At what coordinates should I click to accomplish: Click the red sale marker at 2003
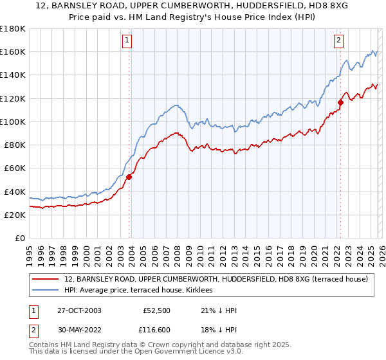point(129,177)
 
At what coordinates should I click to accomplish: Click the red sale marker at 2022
point(341,102)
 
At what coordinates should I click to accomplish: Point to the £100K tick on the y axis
point(13,122)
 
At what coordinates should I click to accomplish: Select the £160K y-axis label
point(13,51)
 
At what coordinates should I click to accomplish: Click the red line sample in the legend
point(46,279)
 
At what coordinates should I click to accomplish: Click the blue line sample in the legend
point(46,291)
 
